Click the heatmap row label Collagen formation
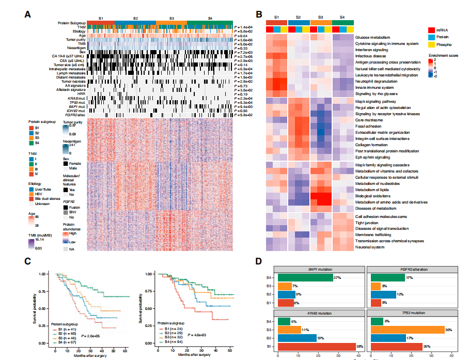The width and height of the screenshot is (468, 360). tap(372, 145)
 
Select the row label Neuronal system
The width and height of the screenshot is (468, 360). tap(369, 247)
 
